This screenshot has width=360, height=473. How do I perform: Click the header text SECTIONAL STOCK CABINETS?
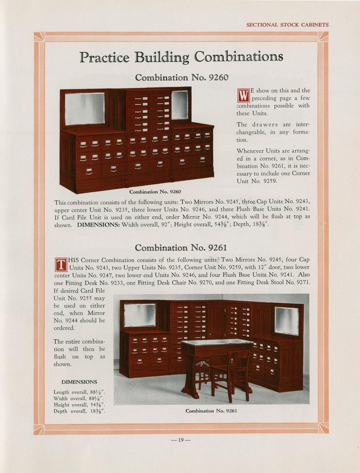287,25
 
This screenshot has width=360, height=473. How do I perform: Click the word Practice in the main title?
104,57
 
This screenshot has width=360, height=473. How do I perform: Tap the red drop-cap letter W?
243,96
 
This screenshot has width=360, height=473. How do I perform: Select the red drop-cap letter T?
61,264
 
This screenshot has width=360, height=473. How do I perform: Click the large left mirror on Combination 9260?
85,109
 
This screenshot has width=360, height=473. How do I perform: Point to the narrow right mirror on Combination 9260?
180,105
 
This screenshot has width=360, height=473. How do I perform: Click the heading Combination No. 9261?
181,248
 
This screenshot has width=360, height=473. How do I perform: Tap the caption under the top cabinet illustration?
155,192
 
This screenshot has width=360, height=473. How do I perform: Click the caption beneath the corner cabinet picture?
211,411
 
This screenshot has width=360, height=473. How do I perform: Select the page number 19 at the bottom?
181,440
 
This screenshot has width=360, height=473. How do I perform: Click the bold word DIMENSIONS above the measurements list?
79,382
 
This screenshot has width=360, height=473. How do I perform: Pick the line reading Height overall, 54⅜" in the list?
79,404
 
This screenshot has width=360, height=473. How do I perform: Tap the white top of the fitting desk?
216,342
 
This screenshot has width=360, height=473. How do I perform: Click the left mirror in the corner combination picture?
140,315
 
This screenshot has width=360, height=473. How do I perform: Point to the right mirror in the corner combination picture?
287,321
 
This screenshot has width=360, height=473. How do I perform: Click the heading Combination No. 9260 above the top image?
181,77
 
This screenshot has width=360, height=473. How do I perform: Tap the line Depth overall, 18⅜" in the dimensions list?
79,411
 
